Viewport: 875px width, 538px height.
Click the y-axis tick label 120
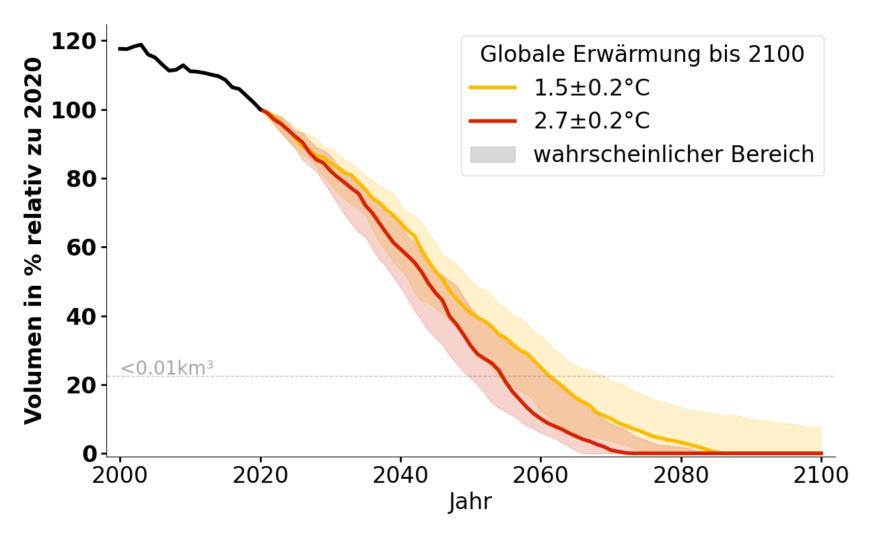(74, 42)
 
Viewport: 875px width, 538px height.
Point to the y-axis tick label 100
(74, 110)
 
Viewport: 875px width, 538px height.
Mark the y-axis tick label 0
(90, 454)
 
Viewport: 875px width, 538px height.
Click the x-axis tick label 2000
(120, 475)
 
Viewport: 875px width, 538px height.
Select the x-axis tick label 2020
(260, 475)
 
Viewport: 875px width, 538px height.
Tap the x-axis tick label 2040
(400, 475)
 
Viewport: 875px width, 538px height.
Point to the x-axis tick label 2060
(540, 475)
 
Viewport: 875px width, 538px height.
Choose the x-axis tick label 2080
(681, 475)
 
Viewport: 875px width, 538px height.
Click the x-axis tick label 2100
(821, 475)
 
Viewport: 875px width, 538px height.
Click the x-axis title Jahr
(470, 502)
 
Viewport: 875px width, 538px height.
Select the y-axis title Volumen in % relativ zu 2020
(34, 241)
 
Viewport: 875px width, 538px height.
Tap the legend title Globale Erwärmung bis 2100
(642, 54)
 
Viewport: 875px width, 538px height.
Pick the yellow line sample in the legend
(493, 87)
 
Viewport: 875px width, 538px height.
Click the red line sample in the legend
(493, 121)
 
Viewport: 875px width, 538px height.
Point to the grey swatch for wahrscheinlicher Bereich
(493, 155)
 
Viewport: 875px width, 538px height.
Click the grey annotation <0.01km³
(167, 369)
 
